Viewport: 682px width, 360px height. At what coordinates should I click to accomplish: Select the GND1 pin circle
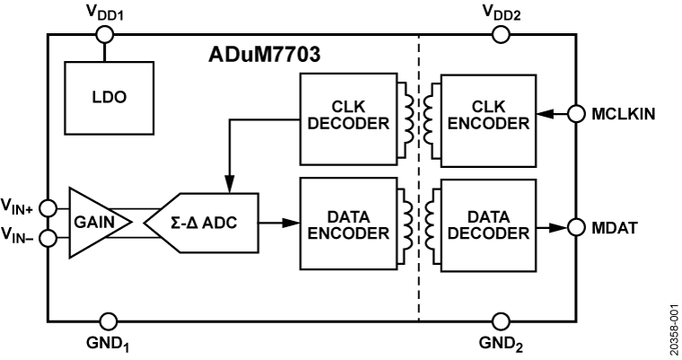coord(108,320)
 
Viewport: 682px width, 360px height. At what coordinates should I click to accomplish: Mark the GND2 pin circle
coord(502,320)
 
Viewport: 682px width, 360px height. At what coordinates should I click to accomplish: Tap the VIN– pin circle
coord(49,238)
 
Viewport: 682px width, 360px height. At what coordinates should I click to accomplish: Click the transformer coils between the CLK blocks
coord(417,114)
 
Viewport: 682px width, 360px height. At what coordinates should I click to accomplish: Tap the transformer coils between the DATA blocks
coord(417,224)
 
